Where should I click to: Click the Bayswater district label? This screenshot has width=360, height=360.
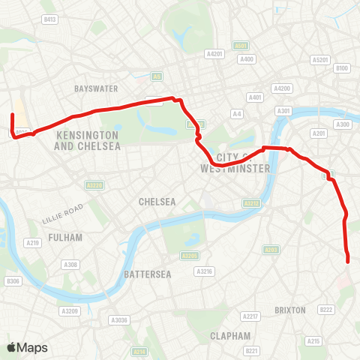point(96,88)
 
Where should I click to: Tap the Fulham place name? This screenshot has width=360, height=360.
point(65,237)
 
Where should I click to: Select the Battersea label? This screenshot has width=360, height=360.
point(148,274)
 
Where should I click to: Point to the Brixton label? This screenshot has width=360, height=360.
point(290,310)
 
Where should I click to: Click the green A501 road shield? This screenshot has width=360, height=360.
point(241,46)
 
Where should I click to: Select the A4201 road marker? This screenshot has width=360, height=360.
point(214,54)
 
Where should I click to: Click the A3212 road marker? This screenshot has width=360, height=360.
point(251,202)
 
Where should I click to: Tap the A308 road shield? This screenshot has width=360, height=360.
point(70,265)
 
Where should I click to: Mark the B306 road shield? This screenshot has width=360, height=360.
point(11,281)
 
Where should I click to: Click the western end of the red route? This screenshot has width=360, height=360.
point(12,115)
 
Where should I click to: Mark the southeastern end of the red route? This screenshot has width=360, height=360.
point(349,261)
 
